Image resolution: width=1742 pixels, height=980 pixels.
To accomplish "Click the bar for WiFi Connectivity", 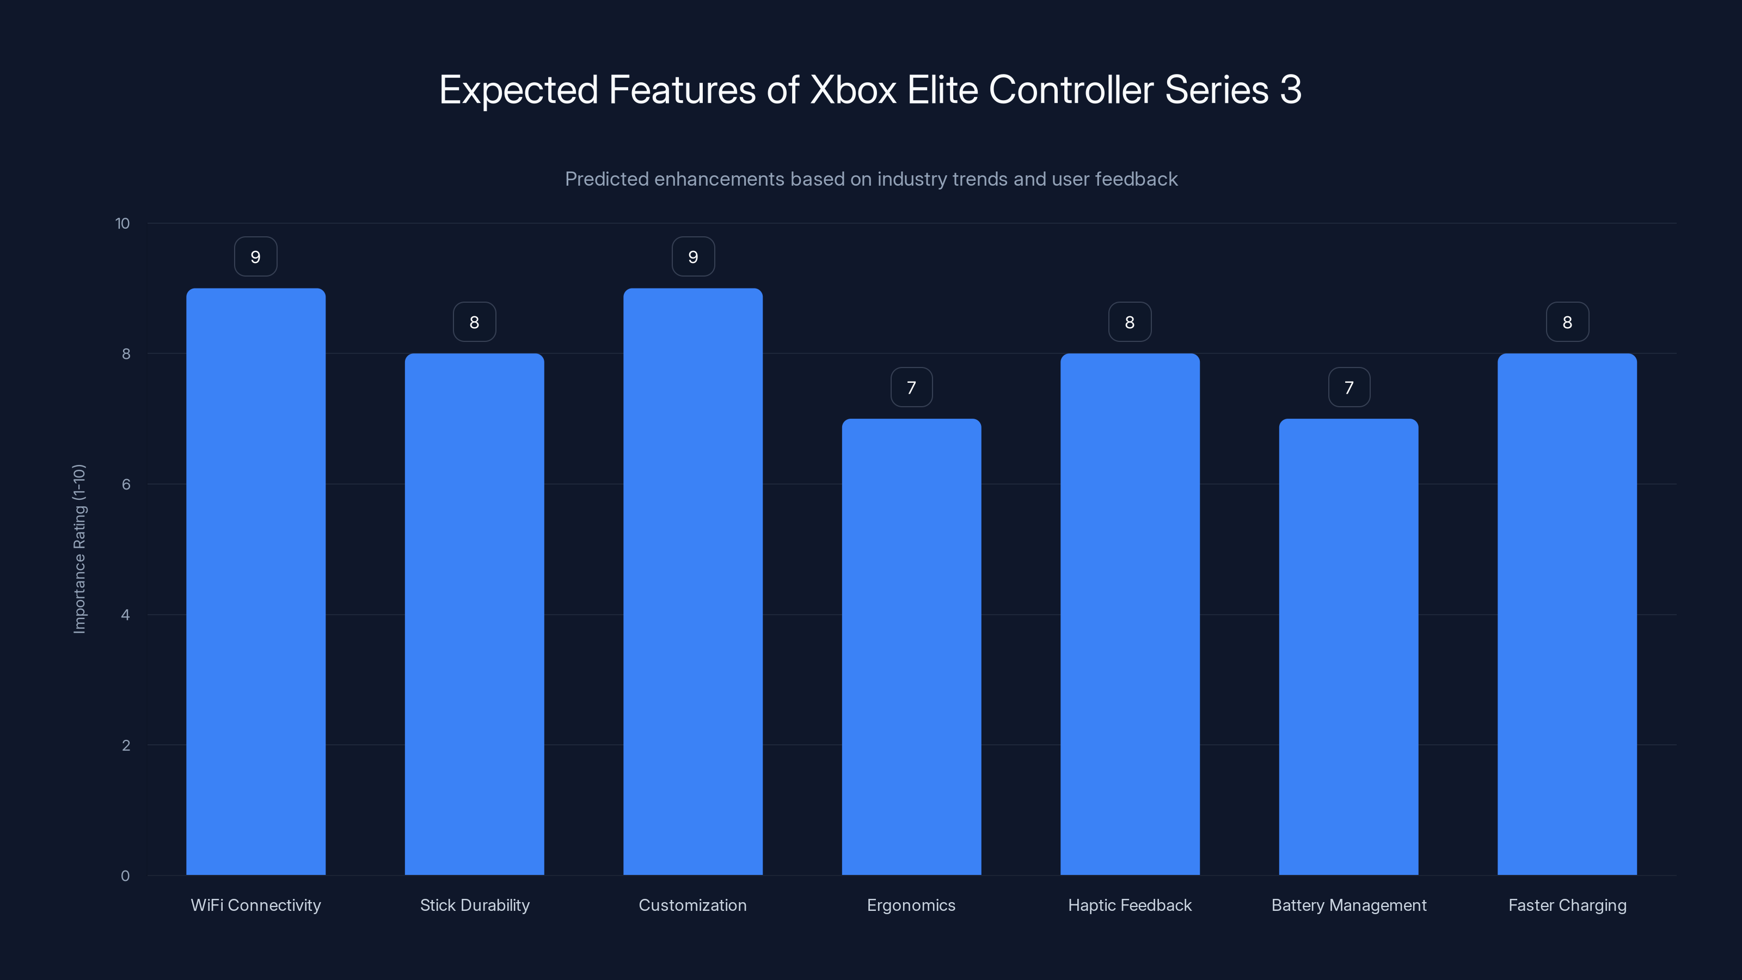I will [256, 581].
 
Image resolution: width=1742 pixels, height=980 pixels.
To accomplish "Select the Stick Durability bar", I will [474, 614].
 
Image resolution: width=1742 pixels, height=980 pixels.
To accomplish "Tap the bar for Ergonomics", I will [911, 647].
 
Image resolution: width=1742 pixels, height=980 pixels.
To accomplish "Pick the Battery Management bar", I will [1348, 647].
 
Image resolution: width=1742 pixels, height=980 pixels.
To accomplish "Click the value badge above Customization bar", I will [692, 257].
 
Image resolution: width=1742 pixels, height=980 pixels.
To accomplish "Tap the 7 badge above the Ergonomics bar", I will [911, 388].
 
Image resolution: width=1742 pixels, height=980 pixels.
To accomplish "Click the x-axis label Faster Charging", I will [1567, 905].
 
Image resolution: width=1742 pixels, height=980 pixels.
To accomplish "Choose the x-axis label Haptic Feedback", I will [1130, 905].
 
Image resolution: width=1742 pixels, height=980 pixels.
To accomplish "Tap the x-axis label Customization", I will [692, 905].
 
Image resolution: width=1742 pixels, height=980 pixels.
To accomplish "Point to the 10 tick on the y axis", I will [122, 223].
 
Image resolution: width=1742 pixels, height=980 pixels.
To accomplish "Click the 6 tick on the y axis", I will [126, 484].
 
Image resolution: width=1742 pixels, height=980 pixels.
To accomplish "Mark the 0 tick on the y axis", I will [125, 876].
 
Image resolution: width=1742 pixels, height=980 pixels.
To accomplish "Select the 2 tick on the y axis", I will [126, 745].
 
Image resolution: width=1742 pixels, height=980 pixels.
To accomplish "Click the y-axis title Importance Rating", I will [79, 548].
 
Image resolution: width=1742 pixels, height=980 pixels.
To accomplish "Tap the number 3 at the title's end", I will [1290, 90].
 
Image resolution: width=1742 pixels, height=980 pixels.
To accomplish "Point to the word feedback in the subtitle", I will [1136, 179].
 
